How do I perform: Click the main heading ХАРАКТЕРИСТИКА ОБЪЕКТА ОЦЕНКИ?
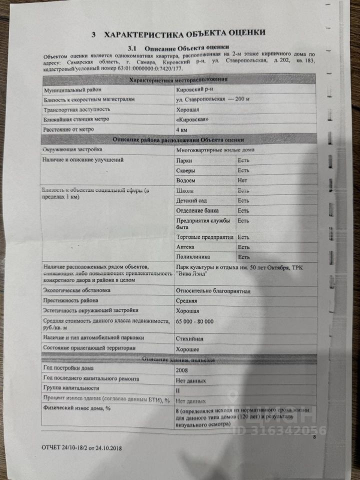pos(184,33)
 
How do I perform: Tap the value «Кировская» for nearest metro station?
pos(192,119)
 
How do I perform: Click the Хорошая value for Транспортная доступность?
pos(188,109)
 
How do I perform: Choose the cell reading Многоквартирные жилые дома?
pos(215,150)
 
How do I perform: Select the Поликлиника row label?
pos(193,257)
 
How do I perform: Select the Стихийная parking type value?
pos(190,338)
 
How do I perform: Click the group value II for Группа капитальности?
pos(178,390)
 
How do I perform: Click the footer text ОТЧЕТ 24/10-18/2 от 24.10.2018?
pos(81,448)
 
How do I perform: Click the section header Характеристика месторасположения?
pos(178,80)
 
